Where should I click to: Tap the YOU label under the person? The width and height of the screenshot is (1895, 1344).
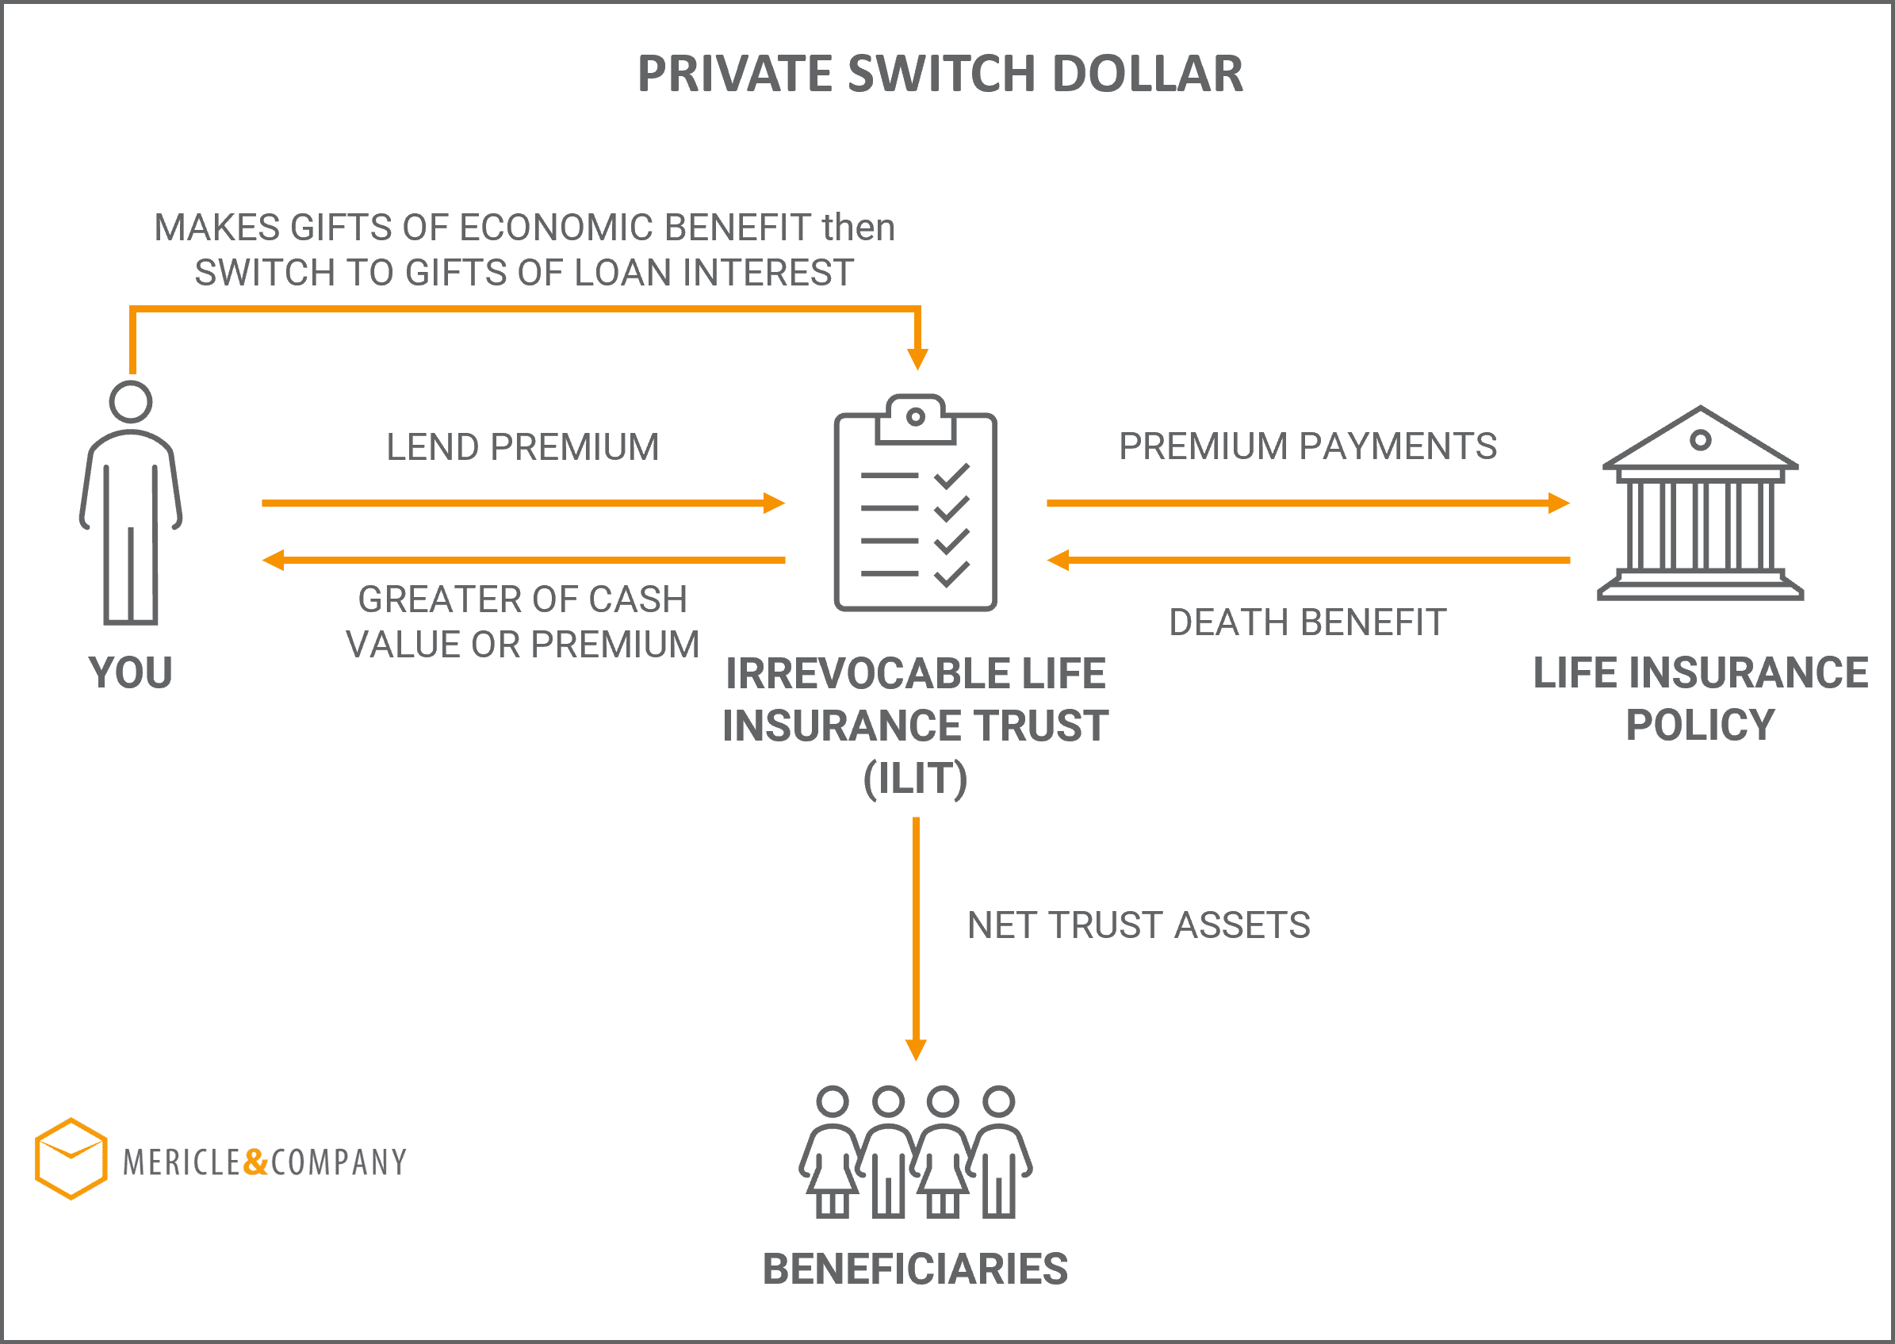(x=131, y=672)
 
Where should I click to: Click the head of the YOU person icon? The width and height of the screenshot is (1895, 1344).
(x=131, y=402)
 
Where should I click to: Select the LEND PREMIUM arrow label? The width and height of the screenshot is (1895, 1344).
(x=523, y=447)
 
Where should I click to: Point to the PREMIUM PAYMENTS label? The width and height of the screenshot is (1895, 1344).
(x=1307, y=446)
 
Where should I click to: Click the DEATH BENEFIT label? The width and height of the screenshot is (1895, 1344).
(x=1307, y=622)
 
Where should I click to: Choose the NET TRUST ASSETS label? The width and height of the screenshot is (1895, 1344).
(x=1139, y=925)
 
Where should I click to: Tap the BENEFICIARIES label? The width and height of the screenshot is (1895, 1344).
(x=915, y=1269)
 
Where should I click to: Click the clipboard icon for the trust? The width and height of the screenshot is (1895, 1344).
(x=915, y=503)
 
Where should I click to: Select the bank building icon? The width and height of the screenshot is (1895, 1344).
(x=1701, y=503)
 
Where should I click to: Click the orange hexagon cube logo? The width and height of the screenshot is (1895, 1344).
(x=71, y=1158)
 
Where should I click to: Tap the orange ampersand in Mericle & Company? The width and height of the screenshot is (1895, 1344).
(x=255, y=1162)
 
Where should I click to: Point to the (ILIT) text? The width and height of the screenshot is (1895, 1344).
(x=915, y=779)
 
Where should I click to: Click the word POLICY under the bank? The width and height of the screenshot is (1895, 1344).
(x=1701, y=725)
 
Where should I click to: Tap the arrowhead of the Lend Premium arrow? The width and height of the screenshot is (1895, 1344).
(x=774, y=504)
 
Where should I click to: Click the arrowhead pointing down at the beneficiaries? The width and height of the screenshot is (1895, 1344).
(x=916, y=1049)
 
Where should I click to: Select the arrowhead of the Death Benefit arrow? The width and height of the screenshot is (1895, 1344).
(x=1059, y=561)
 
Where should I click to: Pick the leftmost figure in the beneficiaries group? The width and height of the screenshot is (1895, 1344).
(x=831, y=1152)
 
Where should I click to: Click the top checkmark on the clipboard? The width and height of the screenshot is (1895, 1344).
(x=951, y=476)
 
